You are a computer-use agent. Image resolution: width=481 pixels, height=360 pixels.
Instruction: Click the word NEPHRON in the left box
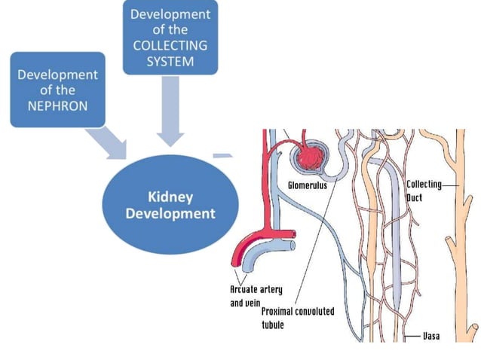pos(57,105)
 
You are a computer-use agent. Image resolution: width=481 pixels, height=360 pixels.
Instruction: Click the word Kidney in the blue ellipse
pos(170,197)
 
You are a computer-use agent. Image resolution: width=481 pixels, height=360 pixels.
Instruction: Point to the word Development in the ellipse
pos(170,213)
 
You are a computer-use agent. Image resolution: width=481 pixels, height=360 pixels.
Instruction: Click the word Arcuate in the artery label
pos(243,289)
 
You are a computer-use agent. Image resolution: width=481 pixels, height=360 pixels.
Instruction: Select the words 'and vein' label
pos(244,303)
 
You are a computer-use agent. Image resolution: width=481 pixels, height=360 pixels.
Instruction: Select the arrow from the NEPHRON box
pos(108,143)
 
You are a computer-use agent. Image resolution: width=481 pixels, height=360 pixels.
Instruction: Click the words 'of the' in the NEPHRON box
pos(57,90)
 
